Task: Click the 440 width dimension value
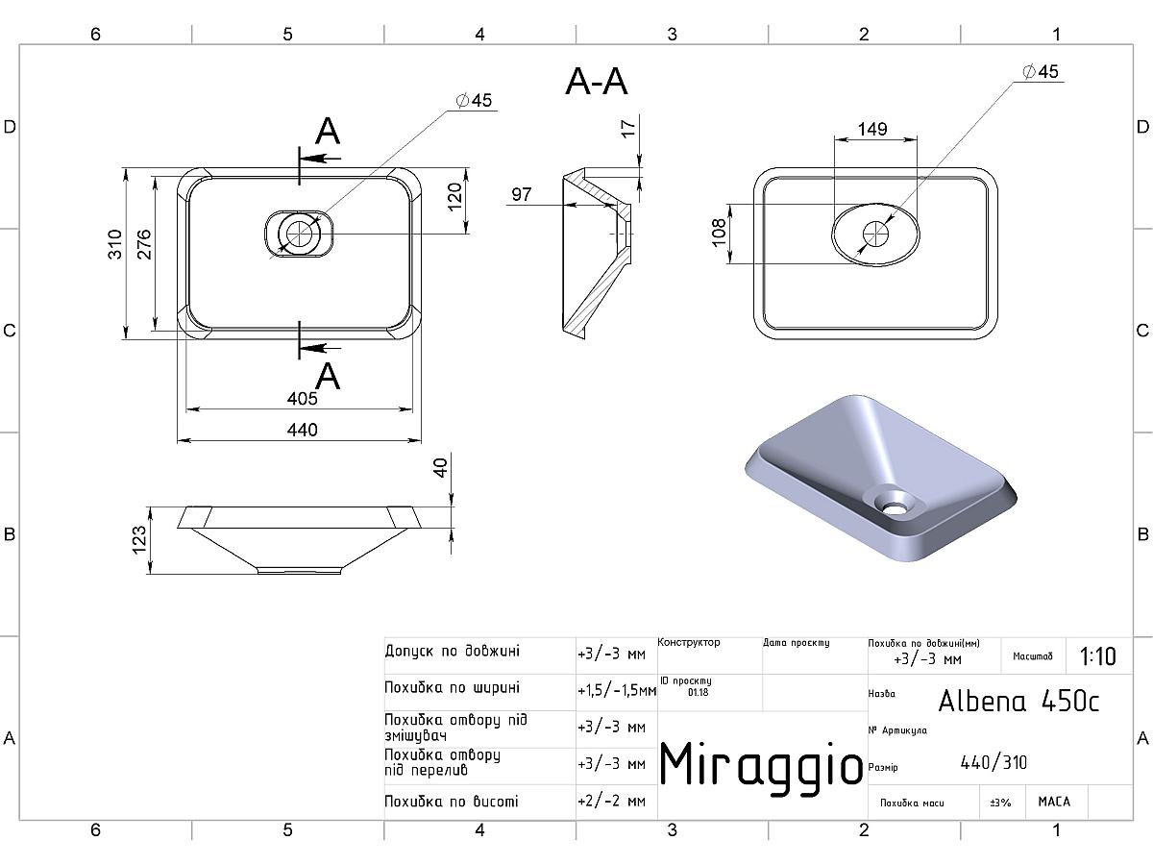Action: point(302,430)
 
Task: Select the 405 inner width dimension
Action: point(302,398)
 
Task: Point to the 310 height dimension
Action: point(114,244)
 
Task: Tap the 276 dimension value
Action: point(143,244)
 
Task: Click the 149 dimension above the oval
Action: point(872,129)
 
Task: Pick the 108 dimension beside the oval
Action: point(718,232)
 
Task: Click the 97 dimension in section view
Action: point(521,194)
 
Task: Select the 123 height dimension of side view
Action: point(138,540)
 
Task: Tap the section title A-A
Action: point(597,82)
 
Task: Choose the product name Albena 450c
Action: point(1018,701)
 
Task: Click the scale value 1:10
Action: point(1098,656)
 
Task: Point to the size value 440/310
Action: point(994,762)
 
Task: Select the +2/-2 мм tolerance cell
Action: point(611,801)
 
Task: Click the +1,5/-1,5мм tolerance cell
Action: point(617,691)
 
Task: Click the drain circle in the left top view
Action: point(299,234)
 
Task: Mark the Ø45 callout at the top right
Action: point(1041,71)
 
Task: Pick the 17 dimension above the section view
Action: point(628,128)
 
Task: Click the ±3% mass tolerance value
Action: point(1000,803)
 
